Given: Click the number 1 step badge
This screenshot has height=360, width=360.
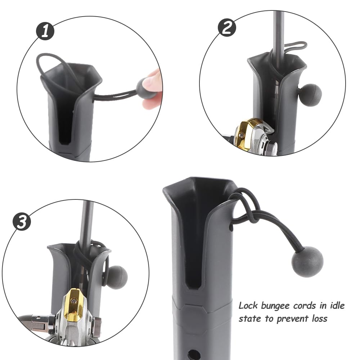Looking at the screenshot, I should (x=45, y=31).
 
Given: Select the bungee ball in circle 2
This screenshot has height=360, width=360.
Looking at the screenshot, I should (x=310, y=95).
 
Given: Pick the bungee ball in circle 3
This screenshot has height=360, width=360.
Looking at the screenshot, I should (x=117, y=277).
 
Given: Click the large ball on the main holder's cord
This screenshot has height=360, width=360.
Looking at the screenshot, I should (x=307, y=261).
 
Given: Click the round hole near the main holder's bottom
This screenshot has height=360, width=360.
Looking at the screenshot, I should (x=194, y=353).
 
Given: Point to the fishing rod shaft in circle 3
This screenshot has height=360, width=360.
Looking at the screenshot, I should (x=86, y=223).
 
